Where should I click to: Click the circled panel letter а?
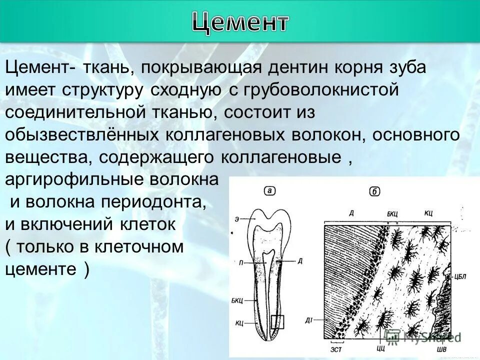269,190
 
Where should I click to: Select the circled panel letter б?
374,192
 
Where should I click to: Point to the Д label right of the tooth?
299,260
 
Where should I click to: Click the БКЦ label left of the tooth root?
237,300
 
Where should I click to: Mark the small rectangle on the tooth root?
277,322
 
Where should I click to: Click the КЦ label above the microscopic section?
428,213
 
